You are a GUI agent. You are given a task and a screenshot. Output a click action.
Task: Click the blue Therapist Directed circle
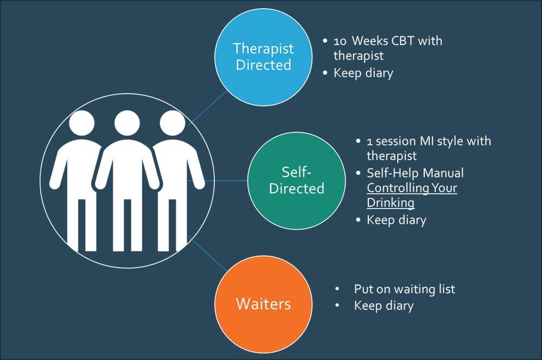click(263, 56)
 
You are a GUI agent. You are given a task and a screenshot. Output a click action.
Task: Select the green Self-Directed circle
click(296, 180)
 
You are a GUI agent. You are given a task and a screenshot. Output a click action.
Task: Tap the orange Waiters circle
click(263, 303)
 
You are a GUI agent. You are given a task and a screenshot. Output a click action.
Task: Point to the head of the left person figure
click(82, 123)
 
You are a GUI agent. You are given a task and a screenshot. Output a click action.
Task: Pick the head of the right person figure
click(173, 123)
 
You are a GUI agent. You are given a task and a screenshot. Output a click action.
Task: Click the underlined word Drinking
click(391, 203)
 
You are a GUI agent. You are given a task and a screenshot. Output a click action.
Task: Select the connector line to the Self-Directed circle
click(217, 180)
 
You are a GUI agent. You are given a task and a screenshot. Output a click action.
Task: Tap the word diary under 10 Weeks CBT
click(378, 73)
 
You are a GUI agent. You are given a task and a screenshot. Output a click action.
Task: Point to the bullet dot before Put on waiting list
click(337, 289)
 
